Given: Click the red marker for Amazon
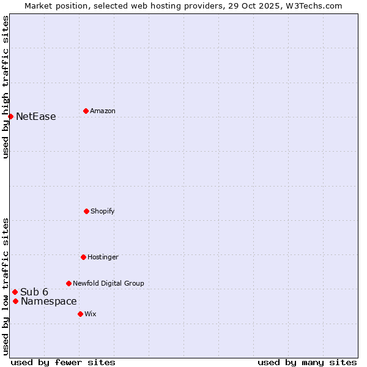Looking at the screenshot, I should tap(86, 111).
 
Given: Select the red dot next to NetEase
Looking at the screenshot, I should tap(10, 116).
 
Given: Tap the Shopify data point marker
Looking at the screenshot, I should tap(86, 211).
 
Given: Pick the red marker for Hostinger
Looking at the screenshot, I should tap(83, 257).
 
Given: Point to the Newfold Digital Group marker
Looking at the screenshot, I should tap(69, 283).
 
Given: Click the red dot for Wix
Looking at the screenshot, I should tap(80, 314).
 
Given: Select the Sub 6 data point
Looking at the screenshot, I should tap(15, 292).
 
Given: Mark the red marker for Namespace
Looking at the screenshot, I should tap(15, 301).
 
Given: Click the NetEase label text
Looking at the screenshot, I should tap(35, 117).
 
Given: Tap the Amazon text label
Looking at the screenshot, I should tap(103, 111).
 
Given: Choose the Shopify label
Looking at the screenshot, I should tap(103, 212).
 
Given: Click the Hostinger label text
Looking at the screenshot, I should tap(103, 258).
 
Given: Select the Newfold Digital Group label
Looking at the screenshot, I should tap(108, 284).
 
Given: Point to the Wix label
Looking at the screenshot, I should tap(91, 314).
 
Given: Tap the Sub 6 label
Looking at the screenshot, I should tap(34, 292).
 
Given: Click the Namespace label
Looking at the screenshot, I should tap(49, 302).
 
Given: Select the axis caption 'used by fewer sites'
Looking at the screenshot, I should tap(63, 362).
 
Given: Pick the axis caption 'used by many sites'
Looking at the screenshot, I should tap(307, 362).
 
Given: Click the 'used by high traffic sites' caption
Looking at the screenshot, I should tap(6, 87).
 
